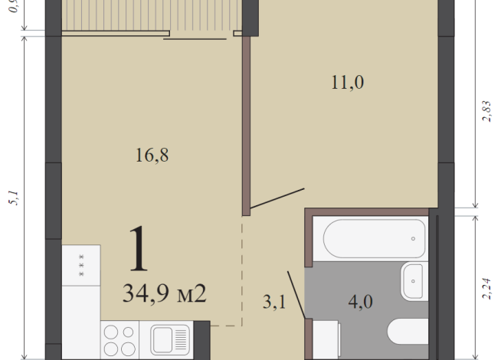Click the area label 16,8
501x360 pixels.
(152, 155)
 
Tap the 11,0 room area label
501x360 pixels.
(347, 83)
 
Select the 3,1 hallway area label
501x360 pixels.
(273, 303)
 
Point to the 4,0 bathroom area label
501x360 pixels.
(360, 301)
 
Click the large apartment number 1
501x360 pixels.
(139, 250)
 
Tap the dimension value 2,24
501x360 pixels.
(486, 286)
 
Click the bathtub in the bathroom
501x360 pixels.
(374, 239)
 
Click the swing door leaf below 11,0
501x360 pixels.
(277, 198)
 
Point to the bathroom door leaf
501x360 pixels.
(297, 294)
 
